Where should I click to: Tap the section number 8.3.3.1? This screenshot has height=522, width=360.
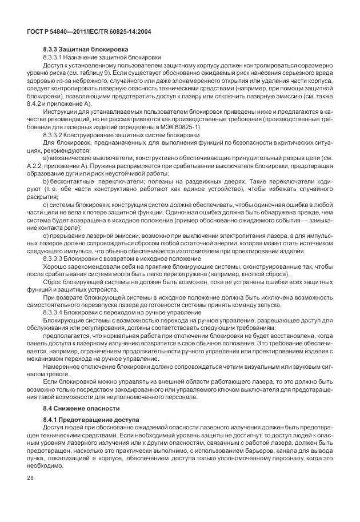55,58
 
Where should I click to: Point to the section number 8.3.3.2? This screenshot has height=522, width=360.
55,135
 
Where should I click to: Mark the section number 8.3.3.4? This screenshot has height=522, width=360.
55,313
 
